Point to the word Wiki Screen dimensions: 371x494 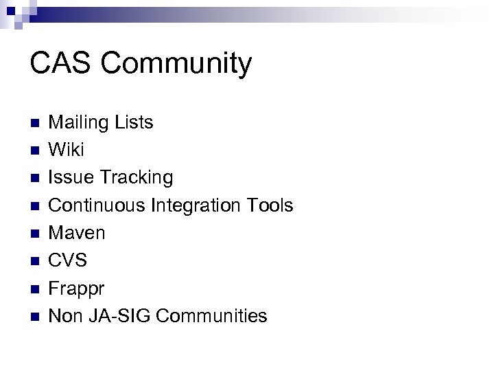click(67, 150)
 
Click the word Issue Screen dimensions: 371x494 click(72, 177)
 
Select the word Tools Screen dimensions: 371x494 click(272, 205)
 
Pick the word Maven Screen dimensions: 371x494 click(78, 233)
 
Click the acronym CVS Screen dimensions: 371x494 click(69, 260)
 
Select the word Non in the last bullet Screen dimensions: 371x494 click(66, 316)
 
